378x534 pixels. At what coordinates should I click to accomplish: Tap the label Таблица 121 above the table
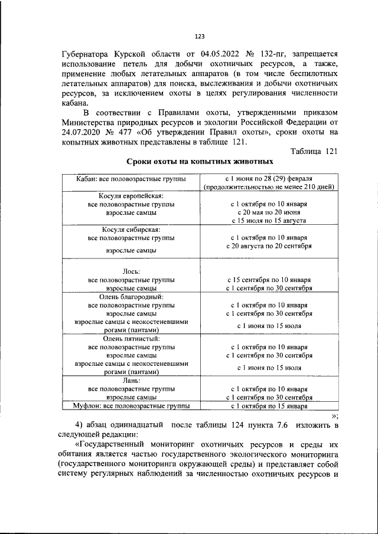[314, 150]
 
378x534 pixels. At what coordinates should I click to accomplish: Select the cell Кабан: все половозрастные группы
[131, 178]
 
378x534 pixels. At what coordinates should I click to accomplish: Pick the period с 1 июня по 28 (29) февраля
[269, 178]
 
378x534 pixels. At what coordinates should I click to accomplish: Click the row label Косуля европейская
[131, 195]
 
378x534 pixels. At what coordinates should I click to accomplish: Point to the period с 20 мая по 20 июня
[269, 212]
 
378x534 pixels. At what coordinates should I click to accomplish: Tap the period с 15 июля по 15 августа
[269, 220]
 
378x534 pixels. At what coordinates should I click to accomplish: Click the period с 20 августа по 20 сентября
[269, 245]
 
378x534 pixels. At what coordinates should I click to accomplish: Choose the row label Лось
[131, 271]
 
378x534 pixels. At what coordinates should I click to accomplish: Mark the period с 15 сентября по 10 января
[269, 280]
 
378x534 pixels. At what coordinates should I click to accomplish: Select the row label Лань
[131, 381]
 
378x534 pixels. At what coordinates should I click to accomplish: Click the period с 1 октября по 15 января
[269, 406]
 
